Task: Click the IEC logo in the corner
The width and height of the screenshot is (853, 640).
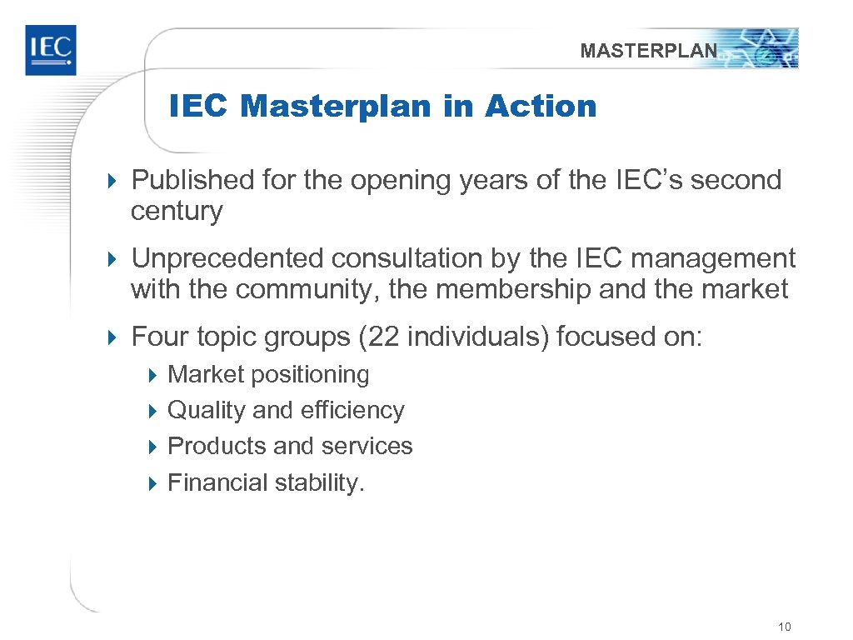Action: [50, 50]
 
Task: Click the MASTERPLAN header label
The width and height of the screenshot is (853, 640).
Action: [648, 51]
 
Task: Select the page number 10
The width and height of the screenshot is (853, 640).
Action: [784, 627]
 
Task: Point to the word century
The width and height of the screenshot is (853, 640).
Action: [177, 212]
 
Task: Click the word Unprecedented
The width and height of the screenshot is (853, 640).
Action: [228, 258]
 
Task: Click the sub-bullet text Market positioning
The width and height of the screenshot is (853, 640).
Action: [268, 374]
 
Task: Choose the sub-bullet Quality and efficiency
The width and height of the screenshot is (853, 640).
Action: [286, 410]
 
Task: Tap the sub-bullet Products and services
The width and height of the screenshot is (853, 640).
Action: [290, 446]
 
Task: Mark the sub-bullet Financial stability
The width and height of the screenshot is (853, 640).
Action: [266, 482]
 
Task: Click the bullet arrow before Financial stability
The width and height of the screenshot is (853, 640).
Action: [152, 482]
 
